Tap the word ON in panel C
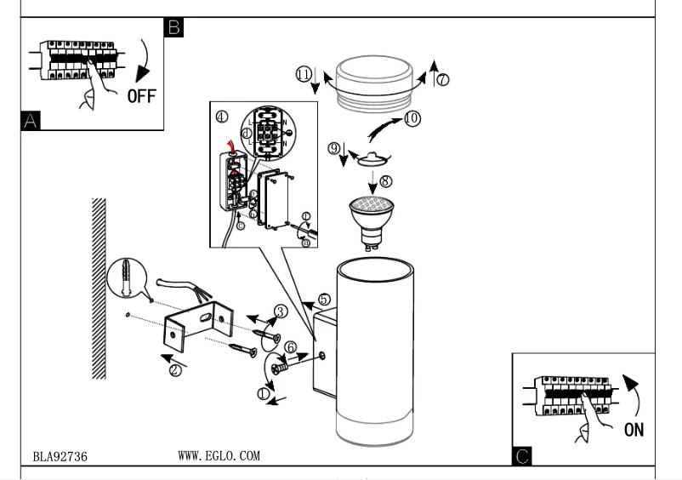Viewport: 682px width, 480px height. (634, 429)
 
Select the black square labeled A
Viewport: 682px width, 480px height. (31, 122)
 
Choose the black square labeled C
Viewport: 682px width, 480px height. (522, 457)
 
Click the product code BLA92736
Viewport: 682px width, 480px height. (60, 457)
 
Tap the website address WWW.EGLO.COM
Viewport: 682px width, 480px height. (219, 456)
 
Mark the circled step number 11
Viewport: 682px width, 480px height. (303, 75)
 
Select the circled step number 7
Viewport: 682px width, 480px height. (443, 80)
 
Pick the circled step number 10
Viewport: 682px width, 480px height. (412, 118)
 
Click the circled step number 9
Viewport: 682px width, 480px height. (336, 149)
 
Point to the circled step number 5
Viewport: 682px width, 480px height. (324, 300)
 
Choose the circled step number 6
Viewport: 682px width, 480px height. (290, 347)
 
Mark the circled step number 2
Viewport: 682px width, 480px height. (174, 370)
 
